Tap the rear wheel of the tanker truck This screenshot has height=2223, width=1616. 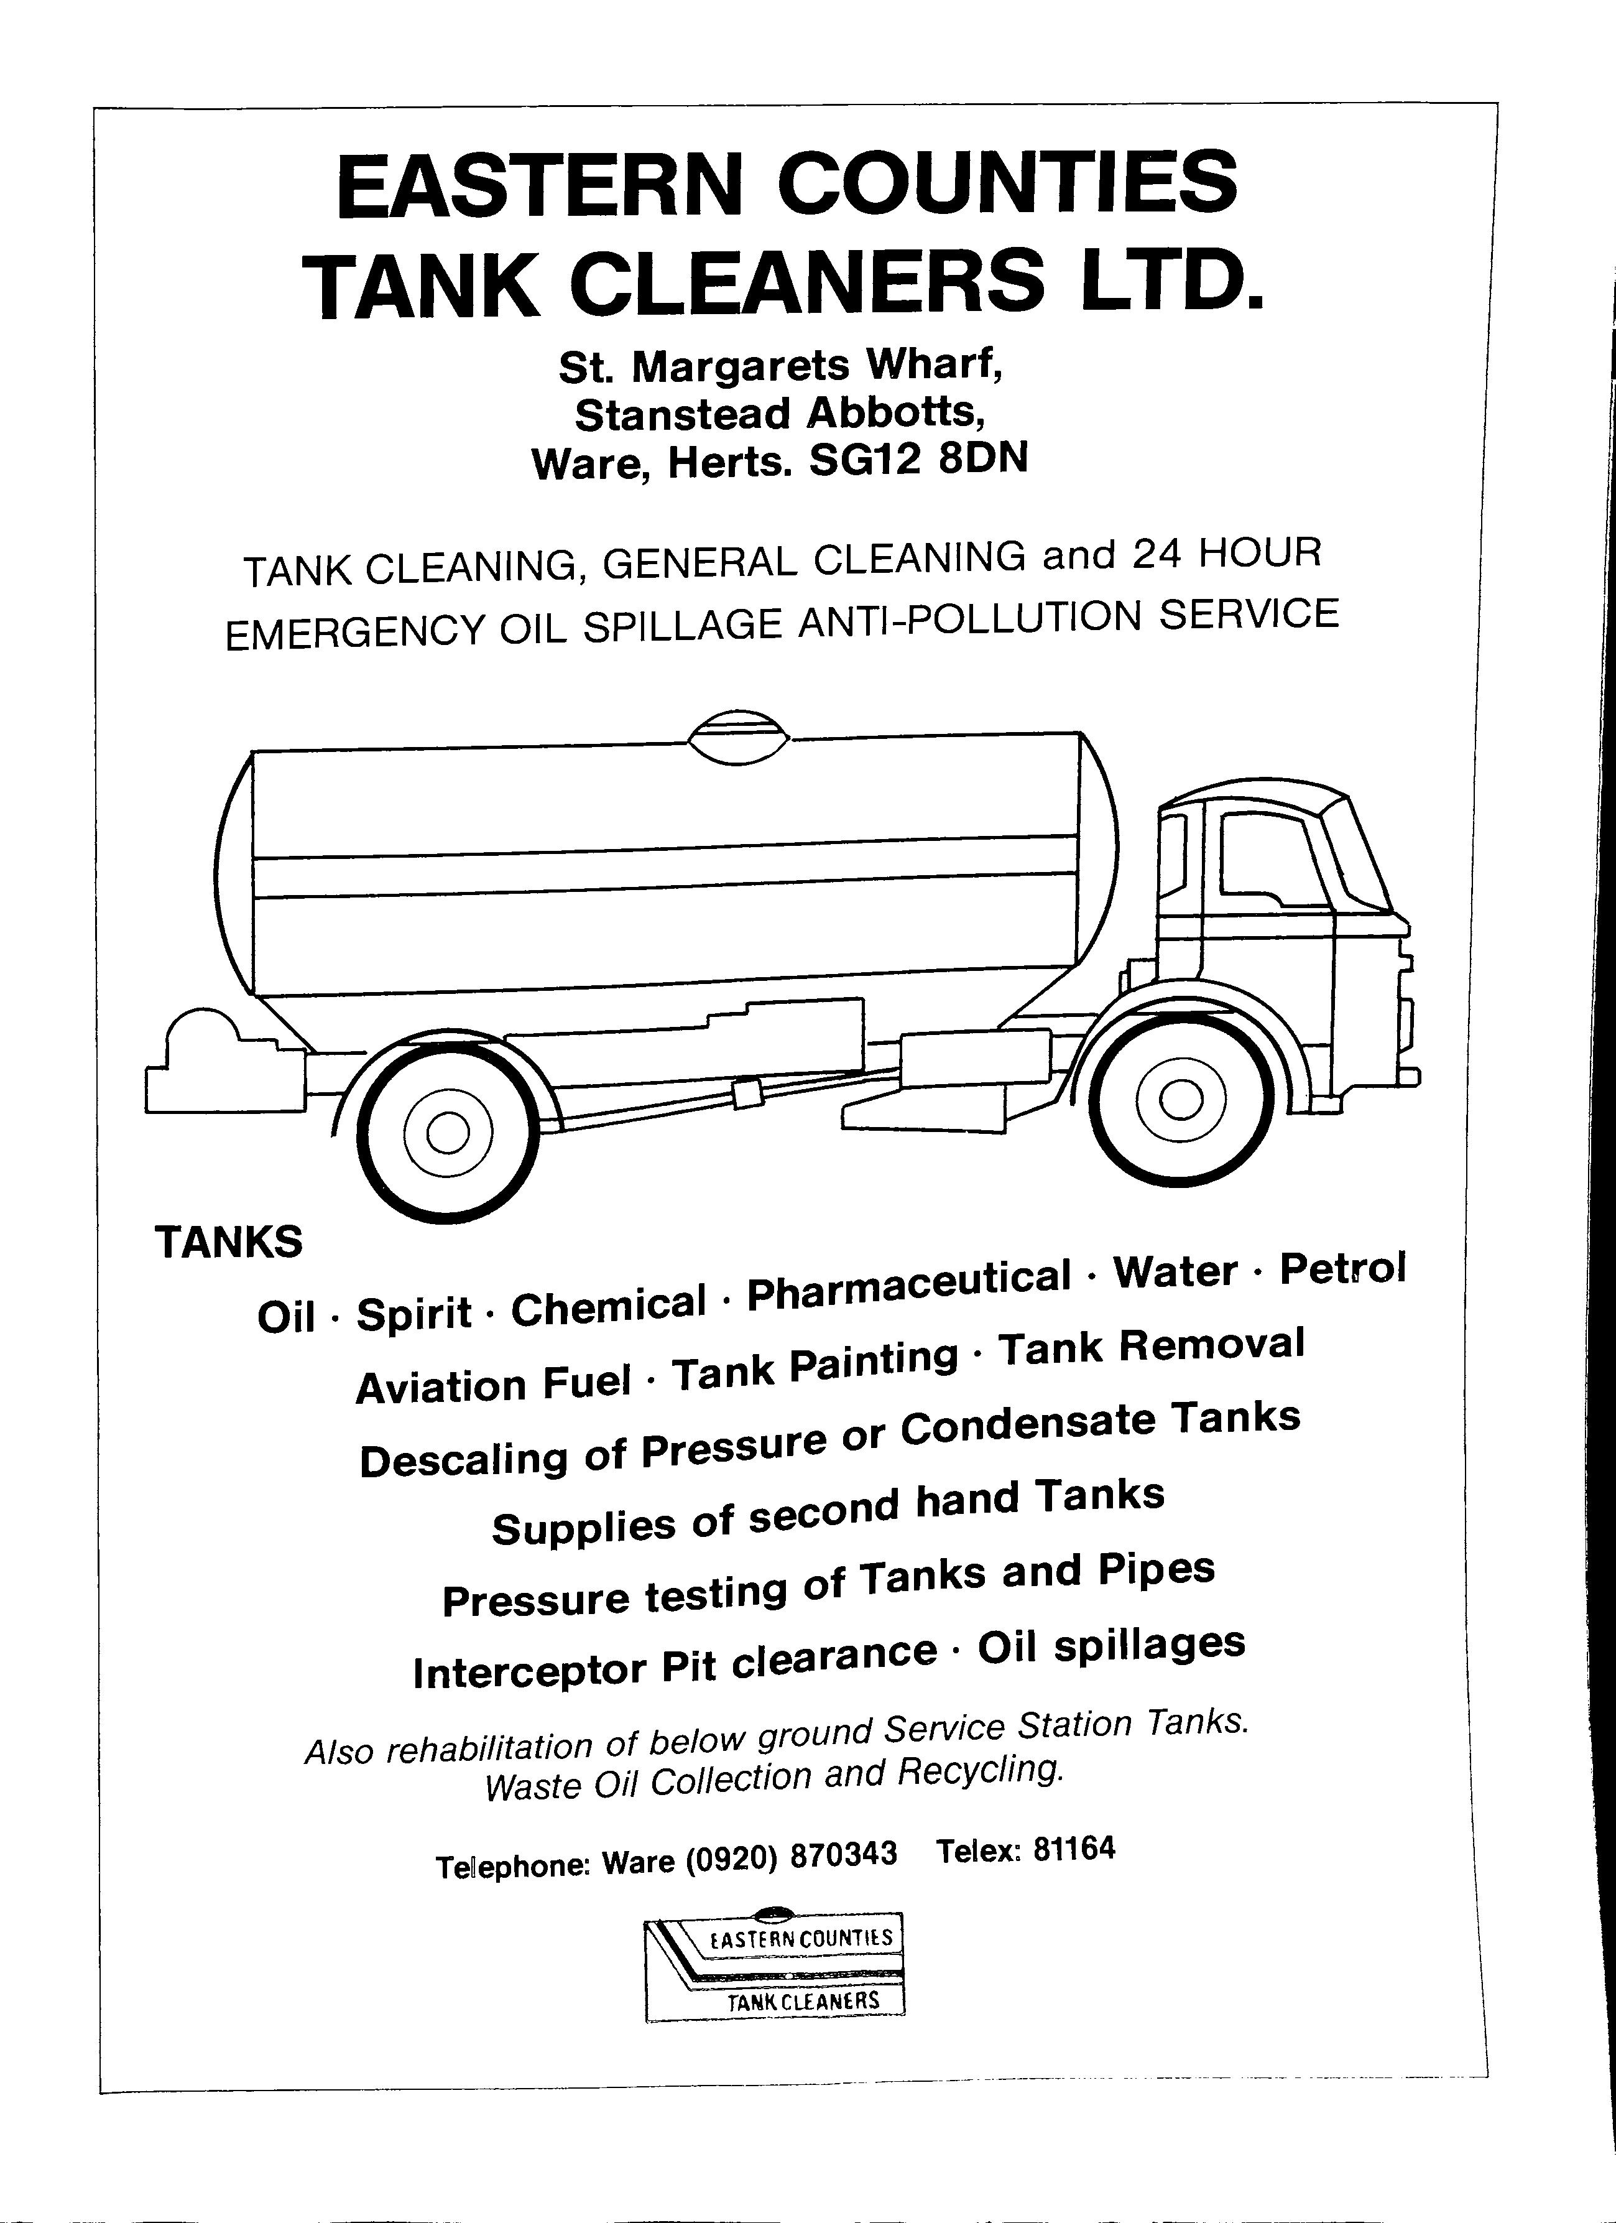click(447, 1135)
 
